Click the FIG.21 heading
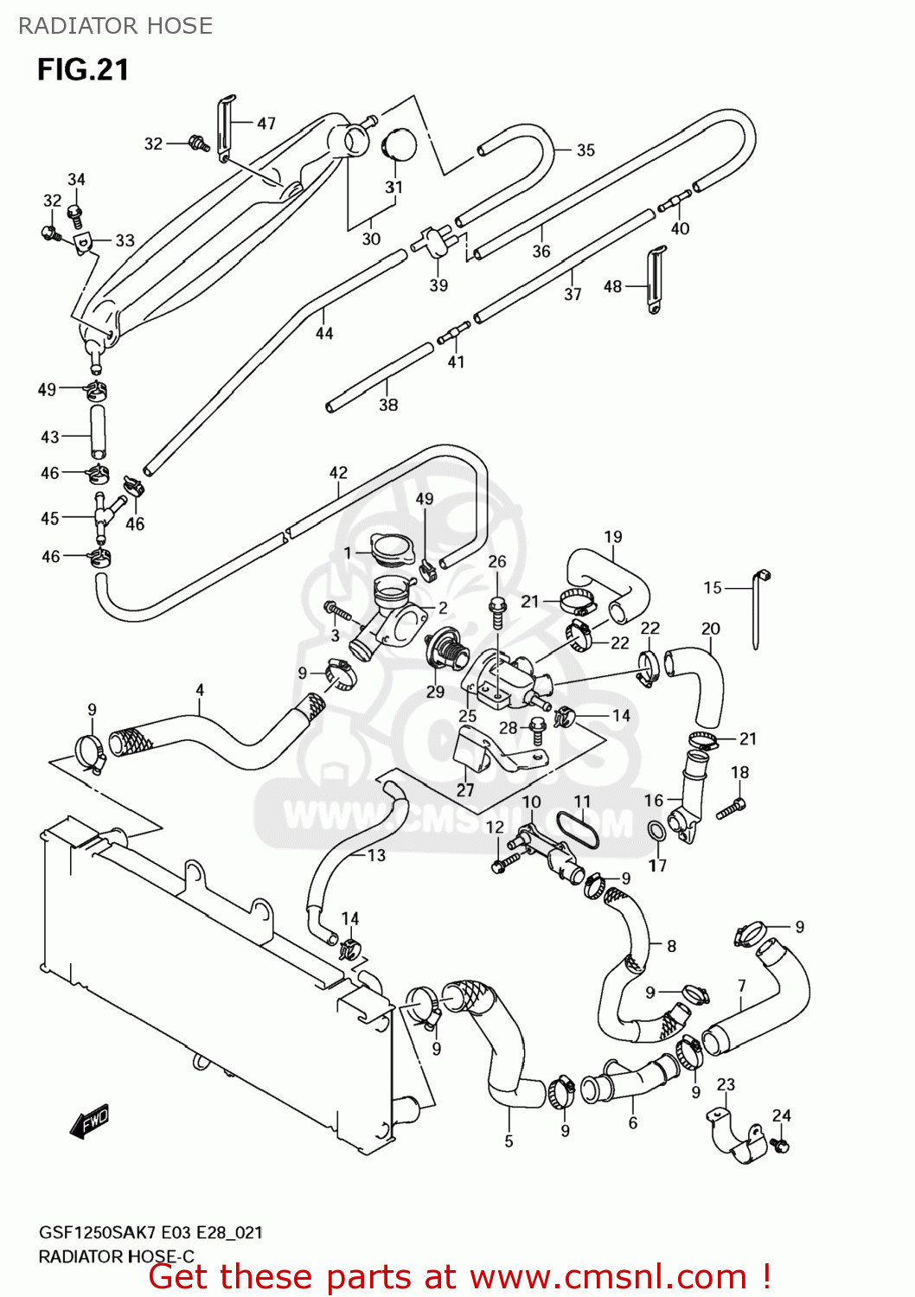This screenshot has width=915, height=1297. [83, 70]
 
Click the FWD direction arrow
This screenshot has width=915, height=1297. [90, 1121]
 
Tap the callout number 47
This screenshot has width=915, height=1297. [266, 124]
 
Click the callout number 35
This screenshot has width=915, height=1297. [585, 150]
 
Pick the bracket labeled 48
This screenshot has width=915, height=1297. [656, 279]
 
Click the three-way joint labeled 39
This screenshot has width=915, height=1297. [435, 240]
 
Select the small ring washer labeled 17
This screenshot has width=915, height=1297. [656, 832]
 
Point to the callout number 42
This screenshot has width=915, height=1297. [338, 473]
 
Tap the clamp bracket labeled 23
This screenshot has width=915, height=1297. [734, 1134]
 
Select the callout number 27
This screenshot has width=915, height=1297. [465, 789]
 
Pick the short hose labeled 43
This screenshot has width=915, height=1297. [97, 431]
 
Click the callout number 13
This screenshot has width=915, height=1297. [376, 855]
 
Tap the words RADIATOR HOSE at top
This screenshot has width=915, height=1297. [115, 26]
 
